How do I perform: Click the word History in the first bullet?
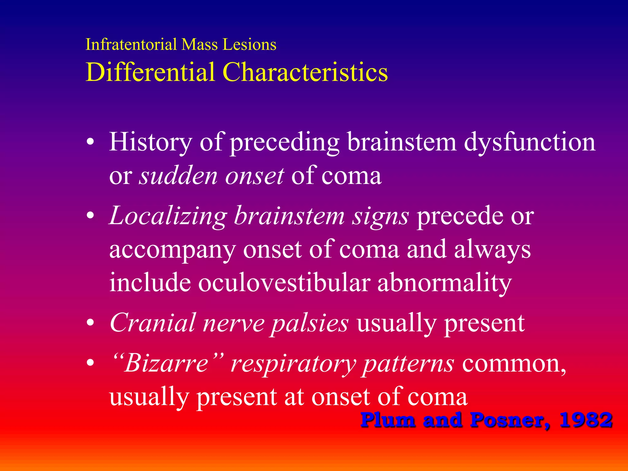coord(151,142)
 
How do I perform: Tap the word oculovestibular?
coord(284,282)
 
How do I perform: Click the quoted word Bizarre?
coord(167,363)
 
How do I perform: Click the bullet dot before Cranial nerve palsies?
coord(90,323)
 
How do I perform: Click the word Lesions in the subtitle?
coord(249,44)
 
